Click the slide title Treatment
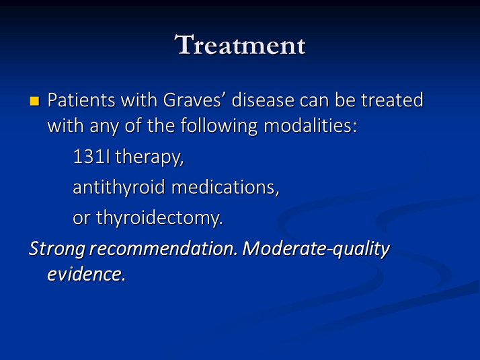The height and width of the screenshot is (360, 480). click(240, 44)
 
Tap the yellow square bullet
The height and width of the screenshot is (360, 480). click(34, 101)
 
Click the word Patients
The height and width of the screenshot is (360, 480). click(81, 100)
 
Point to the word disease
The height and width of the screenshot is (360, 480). click(263, 100)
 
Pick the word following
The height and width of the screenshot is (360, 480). click(219, 127)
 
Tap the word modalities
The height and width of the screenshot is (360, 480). click(310, 126)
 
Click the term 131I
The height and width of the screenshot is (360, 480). click(91, 157)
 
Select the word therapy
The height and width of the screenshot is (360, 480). click(149, 157)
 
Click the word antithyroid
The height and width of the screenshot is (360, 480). click(119, 187)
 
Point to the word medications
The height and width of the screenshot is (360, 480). click(225, 187)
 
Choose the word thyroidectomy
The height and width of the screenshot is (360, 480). click(159, 218)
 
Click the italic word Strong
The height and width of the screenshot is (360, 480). click(57, 249)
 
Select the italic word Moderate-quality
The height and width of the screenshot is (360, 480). click(316, 249)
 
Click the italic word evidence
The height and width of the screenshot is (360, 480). click(86, 274)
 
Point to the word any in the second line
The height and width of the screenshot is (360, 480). click(104, 127)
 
